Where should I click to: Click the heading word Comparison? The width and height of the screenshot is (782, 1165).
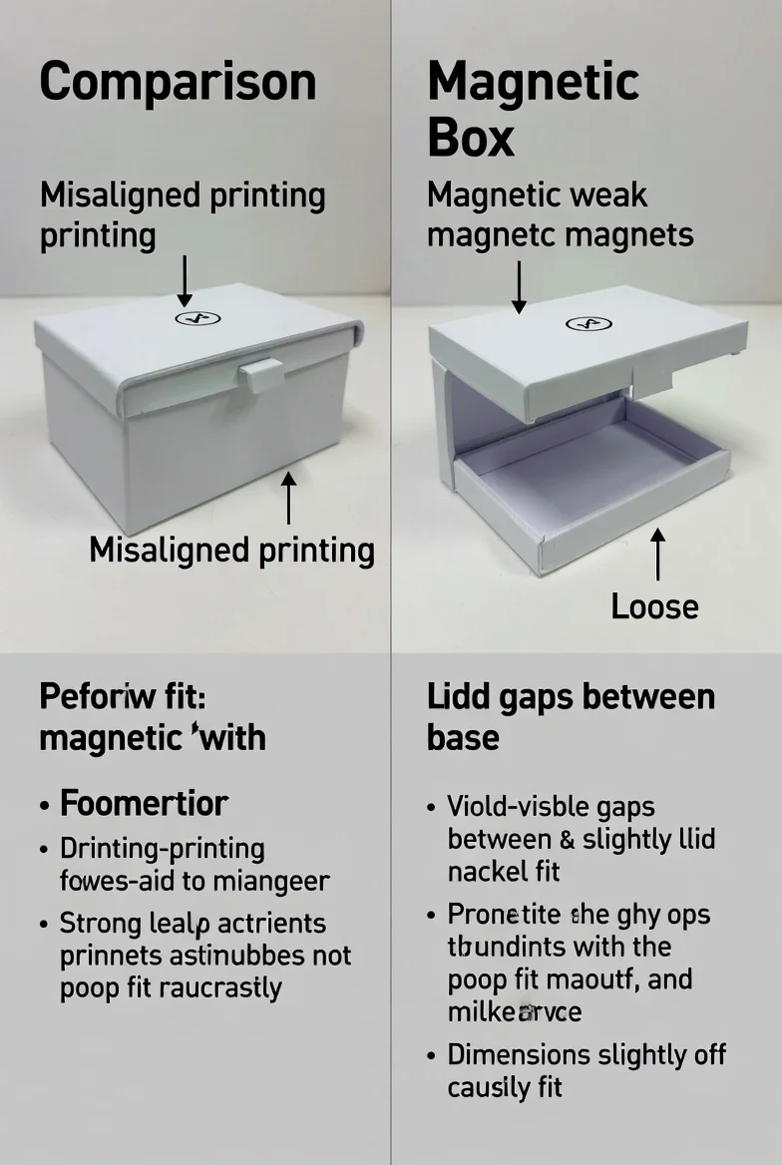[x=178, y=82]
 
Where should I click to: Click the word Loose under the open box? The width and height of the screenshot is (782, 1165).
[x=654, y=606]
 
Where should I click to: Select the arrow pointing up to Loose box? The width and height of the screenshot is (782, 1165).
[x=656, y=555]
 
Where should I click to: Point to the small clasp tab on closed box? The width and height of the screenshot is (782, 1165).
[x=261, y=375]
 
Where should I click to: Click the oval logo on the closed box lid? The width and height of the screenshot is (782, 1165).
[x=197, y=318]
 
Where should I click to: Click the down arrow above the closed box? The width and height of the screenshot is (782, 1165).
[x=185, y=281]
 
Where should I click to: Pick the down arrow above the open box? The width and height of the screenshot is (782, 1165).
[x=519, y=287]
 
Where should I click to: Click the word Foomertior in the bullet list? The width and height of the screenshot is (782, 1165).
[x=144, y=803]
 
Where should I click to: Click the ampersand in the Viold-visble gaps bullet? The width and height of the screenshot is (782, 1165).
[x=566, y=839]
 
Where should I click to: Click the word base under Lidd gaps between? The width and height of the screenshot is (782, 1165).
[x=463, y=739]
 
